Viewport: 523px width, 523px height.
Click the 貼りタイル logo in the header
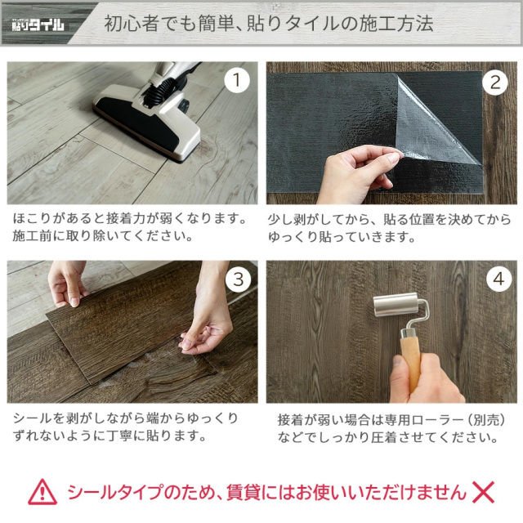point(38,25)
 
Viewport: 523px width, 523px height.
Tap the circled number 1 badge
point(237,80)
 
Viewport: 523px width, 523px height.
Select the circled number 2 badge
point(496,83)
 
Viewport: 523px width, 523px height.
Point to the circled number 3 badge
point(238,279)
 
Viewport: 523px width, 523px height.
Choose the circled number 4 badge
point(498,279)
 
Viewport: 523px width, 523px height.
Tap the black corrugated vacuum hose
point(160,88)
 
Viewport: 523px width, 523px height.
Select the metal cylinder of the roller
point(395,304)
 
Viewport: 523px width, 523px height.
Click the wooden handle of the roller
point(411,364)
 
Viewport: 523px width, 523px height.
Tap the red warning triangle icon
point(42,492)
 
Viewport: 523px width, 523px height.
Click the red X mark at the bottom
point(483,492)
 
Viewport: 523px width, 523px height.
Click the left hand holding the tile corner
point(67,284)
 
